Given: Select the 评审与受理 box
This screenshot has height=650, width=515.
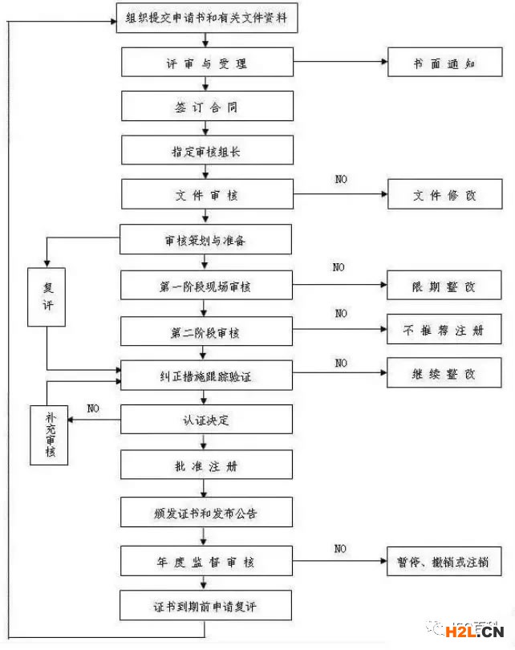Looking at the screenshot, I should point(207,63).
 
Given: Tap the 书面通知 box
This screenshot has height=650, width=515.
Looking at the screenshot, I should point(444,63).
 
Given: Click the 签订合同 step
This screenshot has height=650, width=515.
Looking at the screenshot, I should point(207,107).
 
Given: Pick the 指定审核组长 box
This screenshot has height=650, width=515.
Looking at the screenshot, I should point(207,151).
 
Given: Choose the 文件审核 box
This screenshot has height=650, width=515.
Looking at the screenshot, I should point(207,195).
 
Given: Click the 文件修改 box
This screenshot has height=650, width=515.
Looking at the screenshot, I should point(444,195).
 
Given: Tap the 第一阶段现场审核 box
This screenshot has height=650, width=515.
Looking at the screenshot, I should point(207,285).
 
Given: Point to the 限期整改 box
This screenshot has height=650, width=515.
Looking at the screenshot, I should point(444,285).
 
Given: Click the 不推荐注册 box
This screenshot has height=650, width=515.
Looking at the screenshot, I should point(444,330).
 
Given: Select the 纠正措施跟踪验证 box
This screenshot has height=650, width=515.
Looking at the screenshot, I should point(207,375).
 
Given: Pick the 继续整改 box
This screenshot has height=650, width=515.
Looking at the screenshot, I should point(444,374).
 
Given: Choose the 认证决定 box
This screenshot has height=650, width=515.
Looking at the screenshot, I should point(207,420).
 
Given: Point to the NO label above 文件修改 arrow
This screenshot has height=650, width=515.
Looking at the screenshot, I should point(341,179).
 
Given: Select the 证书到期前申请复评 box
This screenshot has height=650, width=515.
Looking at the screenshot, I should point(207,607).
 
